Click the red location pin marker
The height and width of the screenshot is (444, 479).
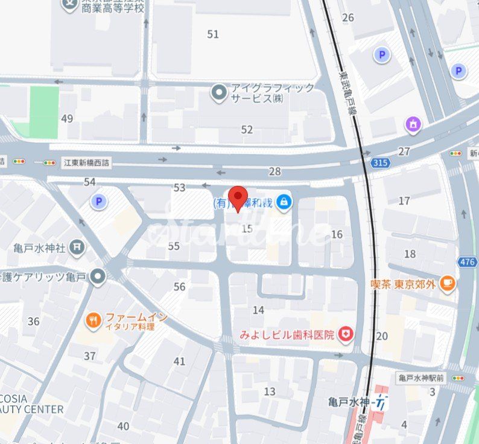click(x=240, y=198)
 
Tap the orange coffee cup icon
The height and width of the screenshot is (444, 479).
click(x=447, y=284)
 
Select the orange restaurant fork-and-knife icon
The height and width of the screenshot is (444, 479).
click(x=92, y=321)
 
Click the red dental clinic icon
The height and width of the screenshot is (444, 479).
click(x=345, y=334)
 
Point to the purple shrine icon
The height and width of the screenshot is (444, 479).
click(x=413, y=125)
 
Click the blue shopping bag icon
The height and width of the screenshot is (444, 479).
click(x=284, y=202)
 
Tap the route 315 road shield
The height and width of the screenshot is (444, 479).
click(x=381, y=163)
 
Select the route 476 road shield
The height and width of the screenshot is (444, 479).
click(x=466, y=262)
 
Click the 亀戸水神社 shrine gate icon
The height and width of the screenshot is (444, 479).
click(x=77, y=246)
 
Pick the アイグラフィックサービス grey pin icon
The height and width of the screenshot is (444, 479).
click(x=218, y=93)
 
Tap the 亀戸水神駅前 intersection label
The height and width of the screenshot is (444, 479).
click(x=421, y=378)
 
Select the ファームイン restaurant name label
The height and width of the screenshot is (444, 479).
click(x=136, y=317)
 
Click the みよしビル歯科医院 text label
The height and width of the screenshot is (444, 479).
click(x=287, y=335)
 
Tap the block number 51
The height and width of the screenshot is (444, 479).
click(x=213, y=34)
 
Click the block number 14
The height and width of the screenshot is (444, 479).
click(x=258, y=310)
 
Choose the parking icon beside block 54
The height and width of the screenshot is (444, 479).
click(x=98, y=201)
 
